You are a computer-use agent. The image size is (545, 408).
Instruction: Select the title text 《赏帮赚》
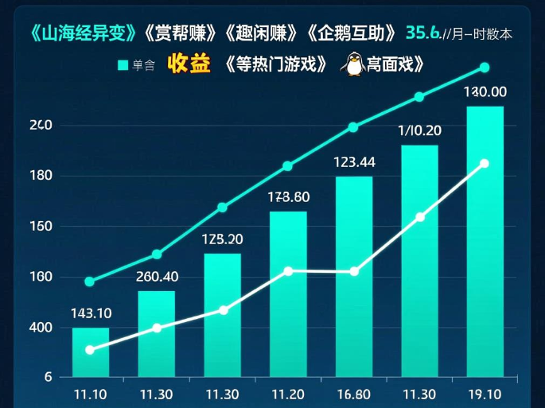click(x=180, y=33)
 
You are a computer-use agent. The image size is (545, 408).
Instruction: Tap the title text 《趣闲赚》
click(x=263, y=33)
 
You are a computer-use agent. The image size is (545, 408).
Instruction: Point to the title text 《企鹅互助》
click(x=352, y=33)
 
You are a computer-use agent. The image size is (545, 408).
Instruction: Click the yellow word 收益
click(x=189, y=64)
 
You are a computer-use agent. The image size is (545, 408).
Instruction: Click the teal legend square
click(x=123, y=65)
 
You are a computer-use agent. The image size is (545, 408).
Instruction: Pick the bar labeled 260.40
click(x=156, y=333)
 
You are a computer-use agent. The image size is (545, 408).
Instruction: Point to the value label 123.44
click(x=354, y=162)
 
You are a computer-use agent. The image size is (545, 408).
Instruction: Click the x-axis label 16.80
click(x=354, y=393)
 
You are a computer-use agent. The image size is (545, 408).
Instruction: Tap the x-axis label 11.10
click(x=90, y=393)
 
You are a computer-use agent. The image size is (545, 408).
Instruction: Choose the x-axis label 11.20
click(x=287, y=393)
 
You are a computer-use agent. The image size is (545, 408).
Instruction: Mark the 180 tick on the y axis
click(x=41, y=176)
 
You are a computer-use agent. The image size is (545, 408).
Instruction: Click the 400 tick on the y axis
click(x=41, y=328)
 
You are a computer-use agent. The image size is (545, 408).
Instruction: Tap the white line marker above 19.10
click(x=485, y=164)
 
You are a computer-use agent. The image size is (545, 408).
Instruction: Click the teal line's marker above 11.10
click(x=89, y=282)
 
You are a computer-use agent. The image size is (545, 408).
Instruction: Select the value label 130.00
click(x=485, y=91)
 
